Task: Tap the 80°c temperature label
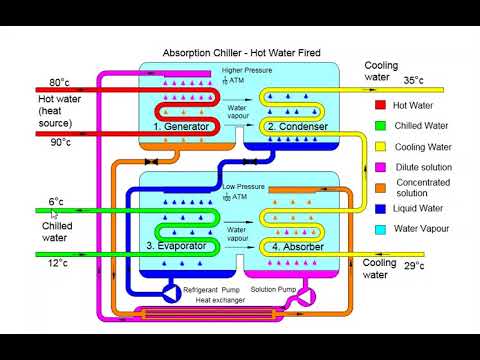point(59,82)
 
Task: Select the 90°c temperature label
point(59,143)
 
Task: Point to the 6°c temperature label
point(56,202)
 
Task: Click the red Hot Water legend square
point(380,104)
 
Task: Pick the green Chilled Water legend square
point(380,125)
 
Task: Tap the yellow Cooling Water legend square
point(380,146)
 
